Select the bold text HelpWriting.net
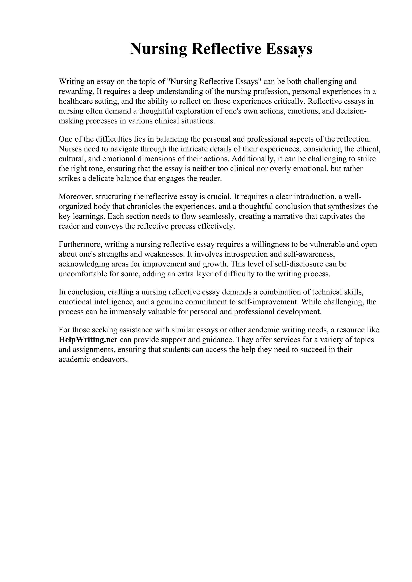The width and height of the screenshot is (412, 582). pyautogui.click(x=88, y=340)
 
